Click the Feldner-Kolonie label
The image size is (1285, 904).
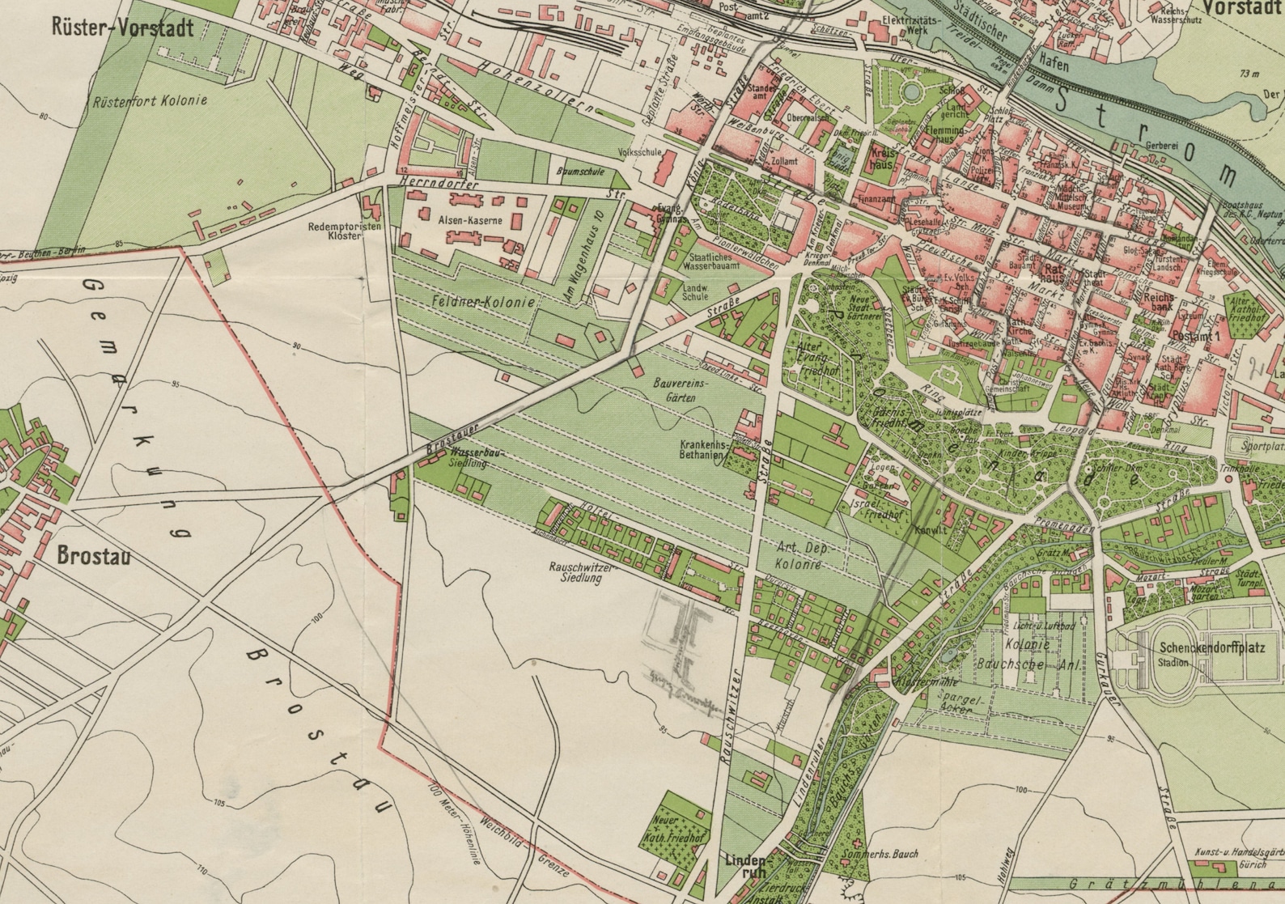[x=482, y=302]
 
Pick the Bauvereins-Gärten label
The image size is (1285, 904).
[x=681, y=392]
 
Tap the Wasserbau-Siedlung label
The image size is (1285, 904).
[x=476, y=459]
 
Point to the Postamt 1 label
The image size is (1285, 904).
[x=1194, y=335]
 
